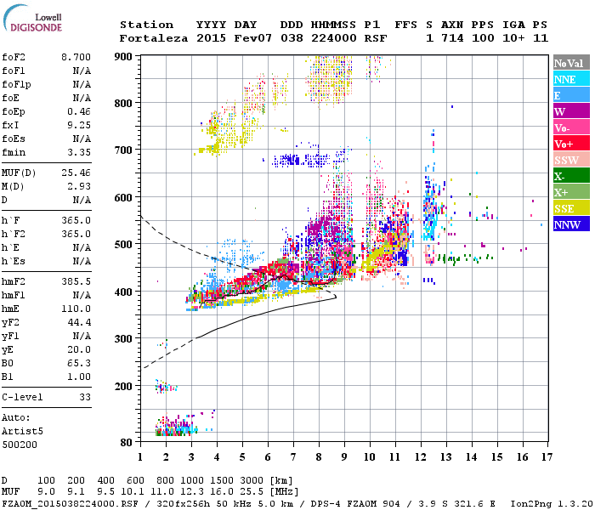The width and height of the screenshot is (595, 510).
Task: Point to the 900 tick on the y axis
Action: (126, 56)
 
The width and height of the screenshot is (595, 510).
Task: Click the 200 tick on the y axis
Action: (126, 386)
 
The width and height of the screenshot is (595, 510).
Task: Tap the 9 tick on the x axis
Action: (344, 457)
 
